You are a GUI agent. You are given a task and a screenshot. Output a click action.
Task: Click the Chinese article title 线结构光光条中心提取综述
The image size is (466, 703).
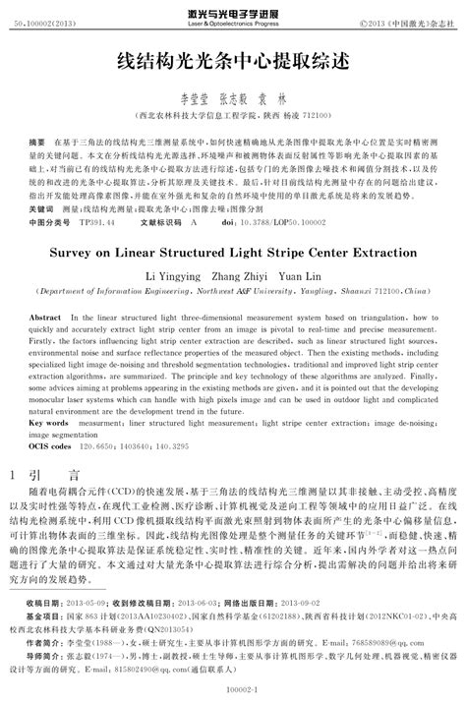pyautogui.click(x=233, y=60)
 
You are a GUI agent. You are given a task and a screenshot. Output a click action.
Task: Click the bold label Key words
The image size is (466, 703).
pyautogui.click(x=49, y=422)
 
